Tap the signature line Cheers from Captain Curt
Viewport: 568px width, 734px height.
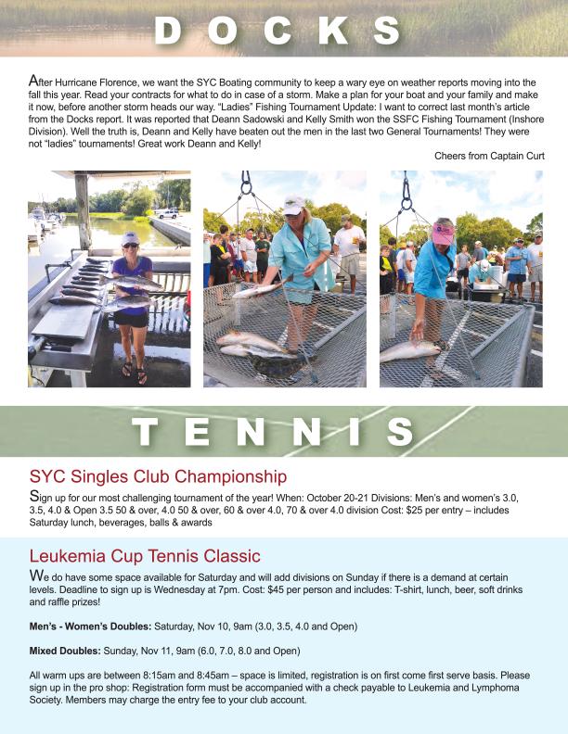click(489, 156)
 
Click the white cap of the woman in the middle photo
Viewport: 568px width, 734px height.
click(294, 206)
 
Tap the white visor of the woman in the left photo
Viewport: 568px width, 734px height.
click(130, 238)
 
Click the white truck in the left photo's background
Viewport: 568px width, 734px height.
click(168, 213)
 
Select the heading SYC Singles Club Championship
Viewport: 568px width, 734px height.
click(158, 477)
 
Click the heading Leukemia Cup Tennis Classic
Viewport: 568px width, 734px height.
click(144, 557)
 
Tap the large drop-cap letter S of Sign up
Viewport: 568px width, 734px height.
click(34, 497)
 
